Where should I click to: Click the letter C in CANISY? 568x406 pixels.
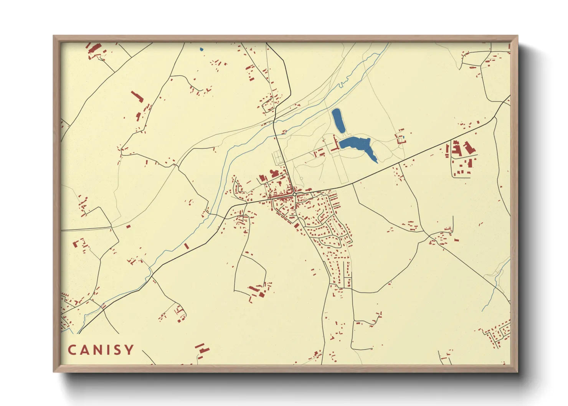pyautogui.click(x=72, y=350)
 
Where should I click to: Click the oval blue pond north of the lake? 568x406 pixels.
pyautogui.click(x=338, y=120)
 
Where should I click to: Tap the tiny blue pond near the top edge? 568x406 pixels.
pyautogui.click(x=201, y=49)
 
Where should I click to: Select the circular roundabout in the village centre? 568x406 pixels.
pyautogui.click(x=294, y=195)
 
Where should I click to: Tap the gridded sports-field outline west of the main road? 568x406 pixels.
pyautogui.click(x=278, y=157)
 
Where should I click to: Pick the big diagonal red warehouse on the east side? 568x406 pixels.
pyautogui.click(x=467, y=148)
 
